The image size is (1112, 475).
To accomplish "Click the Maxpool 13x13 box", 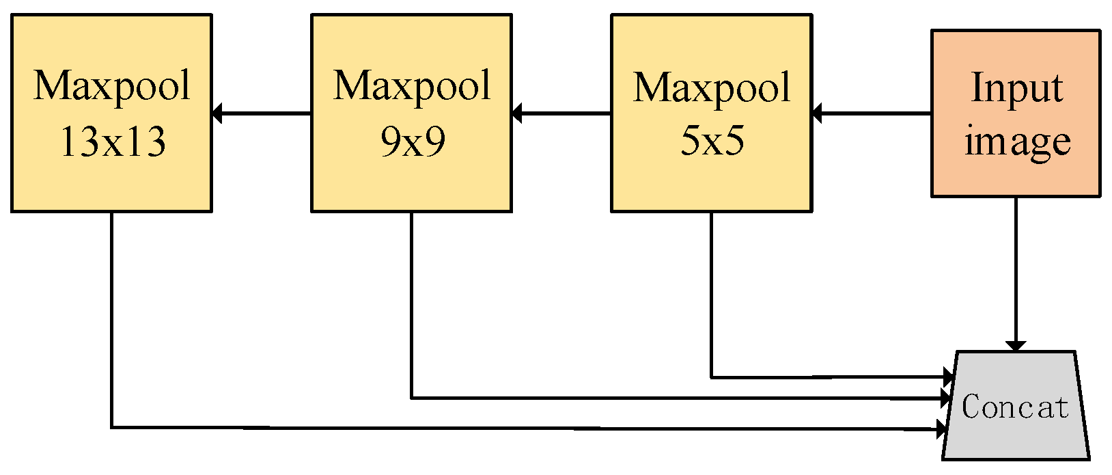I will (111, 113).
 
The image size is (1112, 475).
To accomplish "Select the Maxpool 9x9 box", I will (411, 113).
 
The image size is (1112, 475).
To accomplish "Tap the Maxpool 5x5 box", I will (711, 113).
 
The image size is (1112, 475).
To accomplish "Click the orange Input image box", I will (1016, 113).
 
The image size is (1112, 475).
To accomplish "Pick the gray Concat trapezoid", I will (1016, 406).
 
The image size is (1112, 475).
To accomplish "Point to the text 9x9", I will (413, 142).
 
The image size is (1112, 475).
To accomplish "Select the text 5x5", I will (712, 142).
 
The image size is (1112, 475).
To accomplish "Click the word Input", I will (1016, 88).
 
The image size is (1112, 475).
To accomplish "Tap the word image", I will (1016, 142).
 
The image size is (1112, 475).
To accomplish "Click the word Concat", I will (1014, 407).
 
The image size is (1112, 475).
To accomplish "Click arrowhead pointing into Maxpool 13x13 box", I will (218, 113).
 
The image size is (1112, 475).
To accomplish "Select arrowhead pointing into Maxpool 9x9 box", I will (517, 113).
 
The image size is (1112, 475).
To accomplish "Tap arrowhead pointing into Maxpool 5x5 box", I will (817, 113).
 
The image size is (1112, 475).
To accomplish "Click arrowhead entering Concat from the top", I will (1016, 346).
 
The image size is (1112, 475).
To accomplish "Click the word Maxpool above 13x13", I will (112, 85).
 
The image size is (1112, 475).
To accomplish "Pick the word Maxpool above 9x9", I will (412, 85).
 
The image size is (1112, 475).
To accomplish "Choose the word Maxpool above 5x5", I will (712, 87).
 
